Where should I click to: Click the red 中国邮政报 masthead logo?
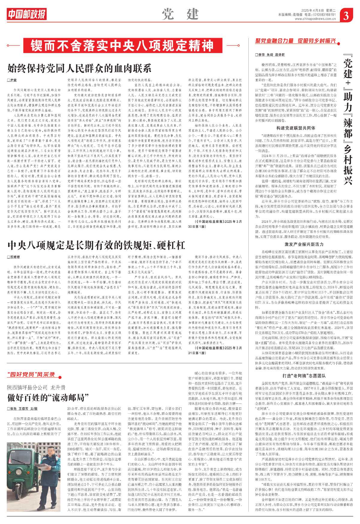point(27,14)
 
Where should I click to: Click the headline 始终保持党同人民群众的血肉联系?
point(79,68)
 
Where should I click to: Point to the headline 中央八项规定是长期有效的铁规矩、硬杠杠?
point(96,245)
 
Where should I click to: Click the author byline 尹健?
point(12,80)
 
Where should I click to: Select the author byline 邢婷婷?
point(14,257)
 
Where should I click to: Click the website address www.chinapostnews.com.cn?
point(315,19)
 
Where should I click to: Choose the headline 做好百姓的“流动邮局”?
point(48,398)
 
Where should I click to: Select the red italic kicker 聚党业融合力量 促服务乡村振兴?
point(295,41)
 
